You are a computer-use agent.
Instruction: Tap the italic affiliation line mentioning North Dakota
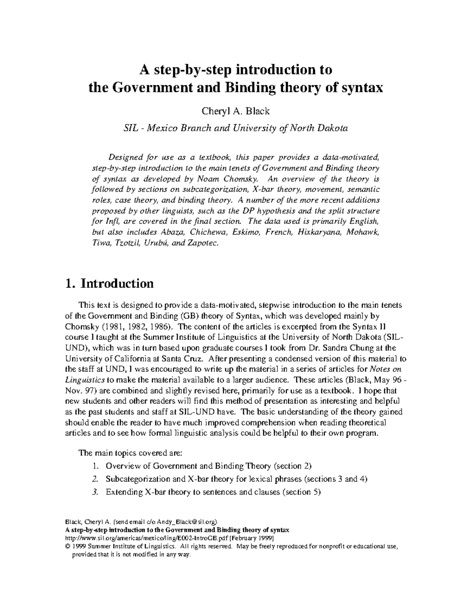click(x=235, y=128)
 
